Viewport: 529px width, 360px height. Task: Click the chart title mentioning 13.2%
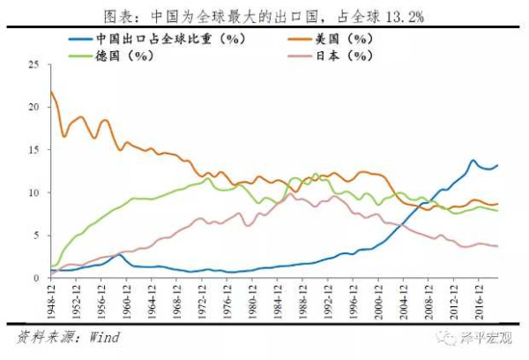[264, 15]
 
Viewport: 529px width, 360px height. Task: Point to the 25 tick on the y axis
[34, 64]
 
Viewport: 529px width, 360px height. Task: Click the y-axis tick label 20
[34, 107]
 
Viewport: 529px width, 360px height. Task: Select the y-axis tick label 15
[34, 150]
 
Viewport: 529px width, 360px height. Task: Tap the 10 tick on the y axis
[34, 192]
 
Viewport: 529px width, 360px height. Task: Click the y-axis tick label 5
[36, 236]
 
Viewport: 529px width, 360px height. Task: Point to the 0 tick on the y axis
[36, 278]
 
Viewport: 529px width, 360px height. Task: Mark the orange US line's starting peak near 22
[51, 92]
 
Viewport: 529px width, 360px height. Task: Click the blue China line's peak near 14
[473, 161]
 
